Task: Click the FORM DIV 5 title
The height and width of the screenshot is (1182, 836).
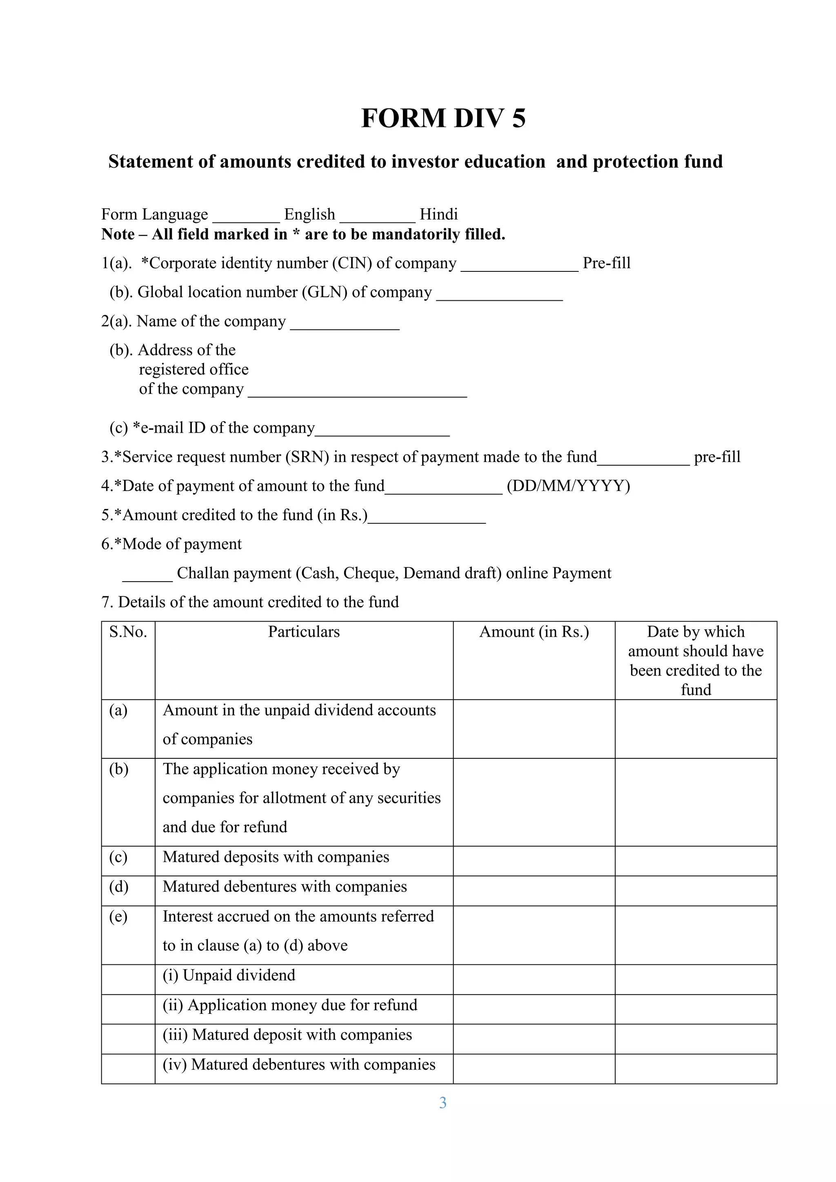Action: [443, 118]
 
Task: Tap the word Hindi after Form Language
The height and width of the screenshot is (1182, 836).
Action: [438, 214]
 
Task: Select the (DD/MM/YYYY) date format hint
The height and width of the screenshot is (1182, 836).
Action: [568, 486]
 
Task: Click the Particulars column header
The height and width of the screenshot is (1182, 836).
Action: [304, 632]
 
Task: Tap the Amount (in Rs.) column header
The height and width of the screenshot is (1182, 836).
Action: [534, 632]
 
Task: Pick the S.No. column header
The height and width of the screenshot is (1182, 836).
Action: [128, 632]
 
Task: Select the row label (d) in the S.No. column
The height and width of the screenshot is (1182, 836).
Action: [118, 887]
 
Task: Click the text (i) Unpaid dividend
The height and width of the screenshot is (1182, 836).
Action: [229, 975]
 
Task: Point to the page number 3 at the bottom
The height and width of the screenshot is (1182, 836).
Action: [443, 1103]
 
